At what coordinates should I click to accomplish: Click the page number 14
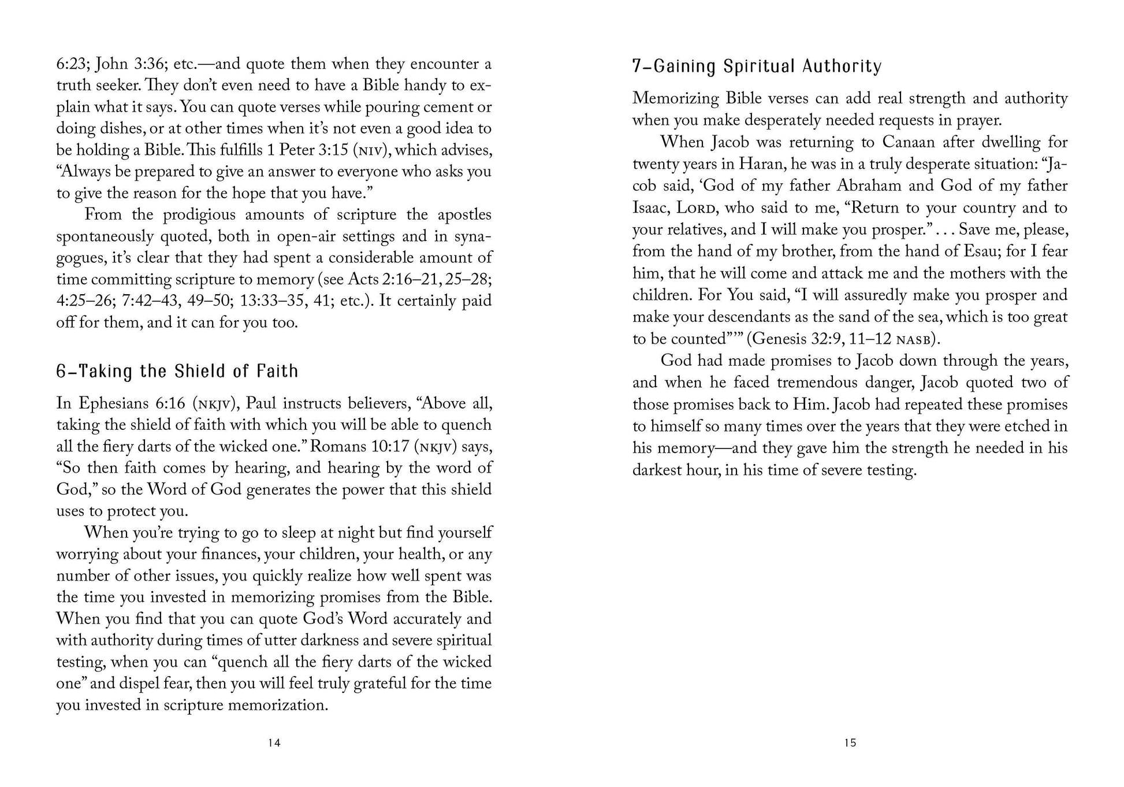tap(274, 743)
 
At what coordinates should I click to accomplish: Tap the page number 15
tap(850, 743)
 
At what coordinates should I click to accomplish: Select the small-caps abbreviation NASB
tap(911, 340)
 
